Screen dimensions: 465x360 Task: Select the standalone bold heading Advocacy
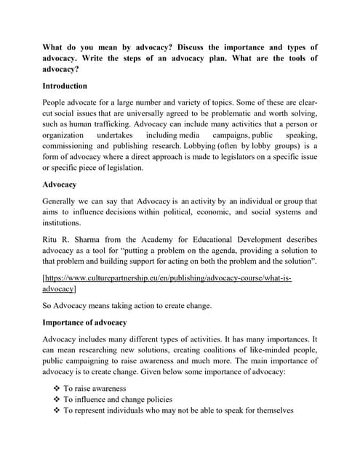click(60, 185)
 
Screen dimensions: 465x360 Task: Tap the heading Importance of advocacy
click(84, 323)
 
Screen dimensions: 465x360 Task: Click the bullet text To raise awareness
click(94, 389)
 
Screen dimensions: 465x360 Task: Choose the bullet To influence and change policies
click(117, 400)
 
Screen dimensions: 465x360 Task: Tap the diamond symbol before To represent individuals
click(57, 411)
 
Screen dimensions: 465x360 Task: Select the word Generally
click(61, 201)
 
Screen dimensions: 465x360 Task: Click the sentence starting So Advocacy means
click(127, 306)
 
